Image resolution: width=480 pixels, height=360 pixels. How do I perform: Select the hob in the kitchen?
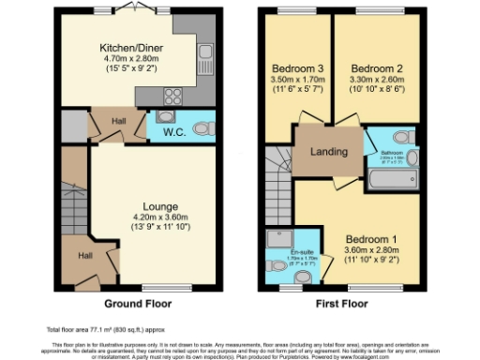click(x=174, y=95)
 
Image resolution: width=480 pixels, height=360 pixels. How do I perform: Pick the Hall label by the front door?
click(x=84, y=254)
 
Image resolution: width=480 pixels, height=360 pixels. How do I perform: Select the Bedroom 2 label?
click(x=374, y=68)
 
